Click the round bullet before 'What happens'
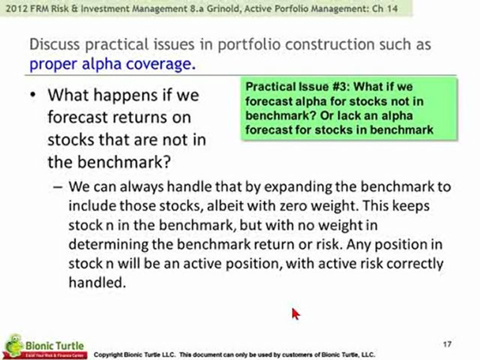coord(33,95)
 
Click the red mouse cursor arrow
coord(295,314)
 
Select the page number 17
coord(447,344)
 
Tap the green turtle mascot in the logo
coord(14,345)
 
